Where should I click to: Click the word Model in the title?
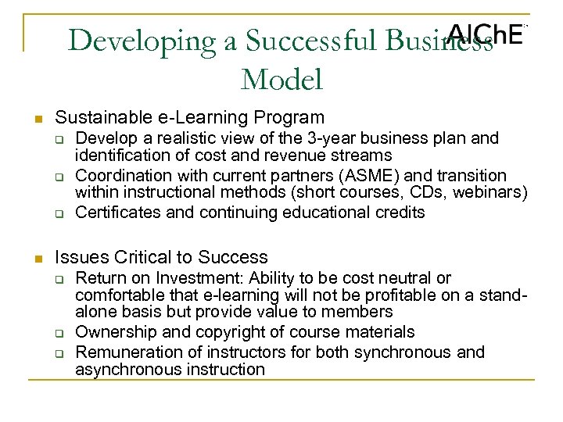tap(281, 78)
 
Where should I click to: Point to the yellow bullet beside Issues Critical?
tap(36, 259)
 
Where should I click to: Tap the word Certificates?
tap(116, 213)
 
